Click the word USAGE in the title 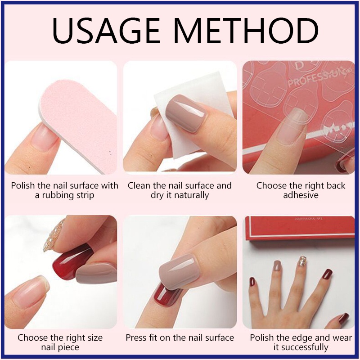[x=106, y=31]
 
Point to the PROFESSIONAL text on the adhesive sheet [x=319, y=76]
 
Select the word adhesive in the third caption [x=301, y=195]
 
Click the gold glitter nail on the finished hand [x=302, y=261]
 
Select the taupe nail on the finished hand [x=277, y=265]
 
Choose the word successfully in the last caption [x=301, y=347]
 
